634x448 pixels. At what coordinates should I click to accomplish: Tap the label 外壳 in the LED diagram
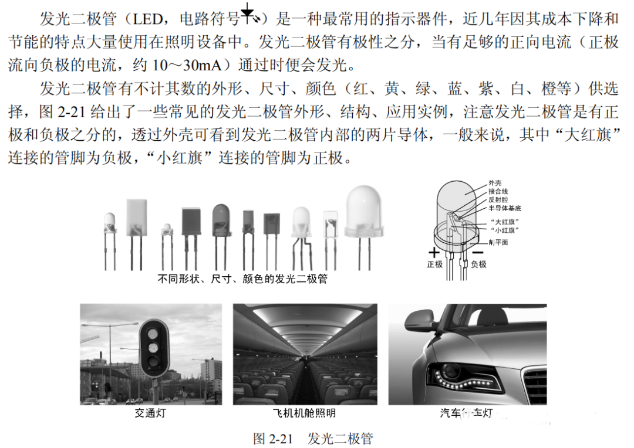click(x=495, y=184)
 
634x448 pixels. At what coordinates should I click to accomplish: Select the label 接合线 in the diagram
click(x=498, y=192)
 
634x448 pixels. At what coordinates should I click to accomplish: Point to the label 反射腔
click(x=498, y=200)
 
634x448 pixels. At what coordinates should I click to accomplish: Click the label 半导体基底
click(x=504, y=208)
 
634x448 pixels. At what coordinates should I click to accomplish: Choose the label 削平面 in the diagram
click(x=498, y=242)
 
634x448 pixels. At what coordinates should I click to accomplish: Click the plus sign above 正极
click(x=434, y=253)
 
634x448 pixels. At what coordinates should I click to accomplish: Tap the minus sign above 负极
click(x=477, y=253)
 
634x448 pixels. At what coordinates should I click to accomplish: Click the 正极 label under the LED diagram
click(x=434, y=264)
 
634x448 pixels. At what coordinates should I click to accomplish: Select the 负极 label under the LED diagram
click(x=478, y=264)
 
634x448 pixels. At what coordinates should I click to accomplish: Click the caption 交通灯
click(x=150, y=413)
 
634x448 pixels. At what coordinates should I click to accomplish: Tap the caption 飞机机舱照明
click(x=305, y=413)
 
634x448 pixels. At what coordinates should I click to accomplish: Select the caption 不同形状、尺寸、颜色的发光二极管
click(x=242, y=279)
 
